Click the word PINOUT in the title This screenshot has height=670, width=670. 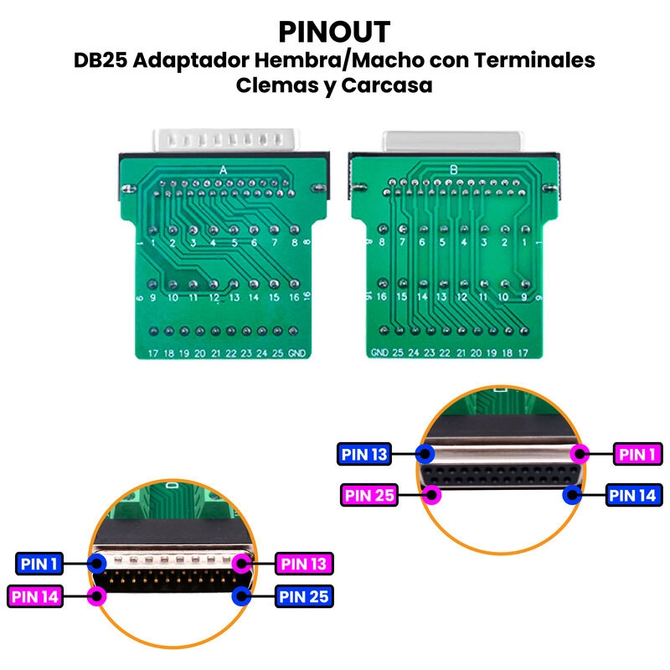[334, 32]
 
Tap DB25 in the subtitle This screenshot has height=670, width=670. [99, 61]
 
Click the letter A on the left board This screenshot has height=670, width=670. [223, 170]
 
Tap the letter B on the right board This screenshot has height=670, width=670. [454, 170]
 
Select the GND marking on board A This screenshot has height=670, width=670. [296, 353]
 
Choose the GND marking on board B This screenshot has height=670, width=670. [379, 353]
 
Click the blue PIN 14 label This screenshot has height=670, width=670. [634, 494]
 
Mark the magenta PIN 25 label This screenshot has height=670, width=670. [368, 494]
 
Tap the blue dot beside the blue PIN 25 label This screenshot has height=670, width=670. [243, 596]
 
